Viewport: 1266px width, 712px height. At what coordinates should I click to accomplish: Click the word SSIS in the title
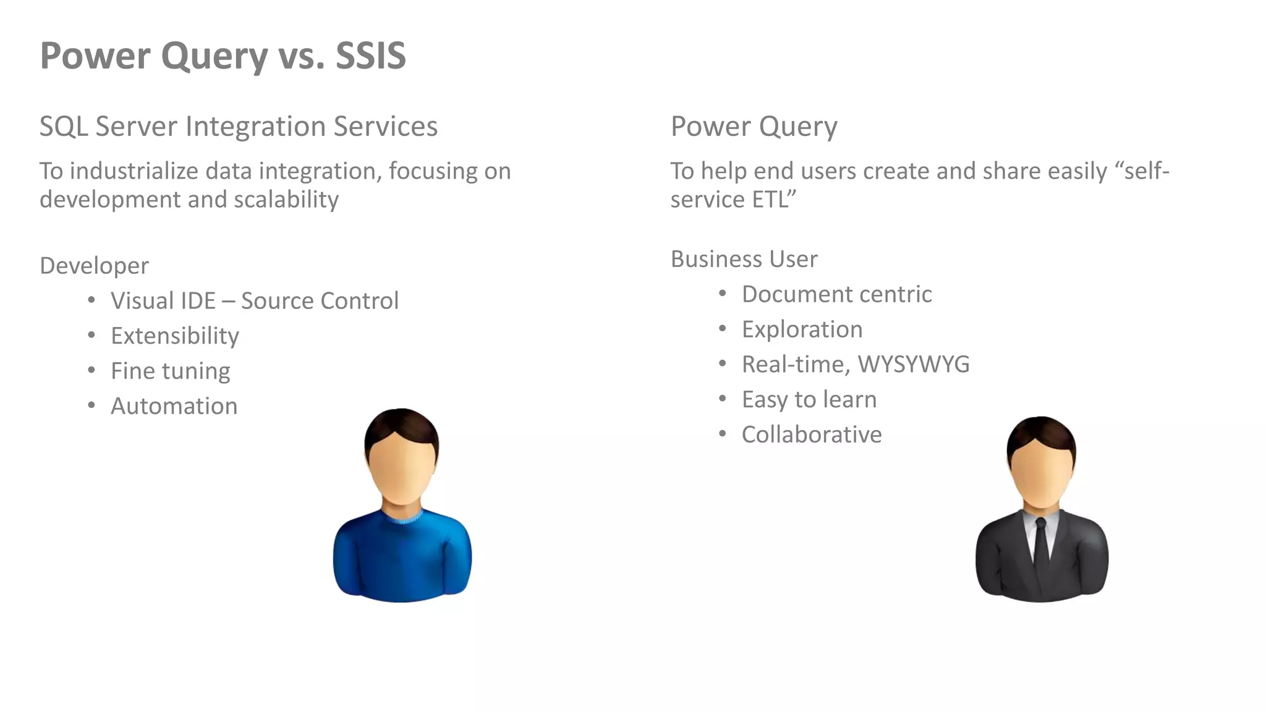click(370, 56)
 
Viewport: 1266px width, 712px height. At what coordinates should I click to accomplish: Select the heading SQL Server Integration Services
click(238, 127)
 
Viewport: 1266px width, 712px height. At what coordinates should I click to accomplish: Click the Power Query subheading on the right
click(754, 127)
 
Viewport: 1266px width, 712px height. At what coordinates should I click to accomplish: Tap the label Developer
click(94, 266)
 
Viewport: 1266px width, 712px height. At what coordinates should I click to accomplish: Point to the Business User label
click(744, 259)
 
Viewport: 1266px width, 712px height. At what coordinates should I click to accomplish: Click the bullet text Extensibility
click(174, 336)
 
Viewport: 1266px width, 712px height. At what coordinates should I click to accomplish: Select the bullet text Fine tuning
click(170, 371)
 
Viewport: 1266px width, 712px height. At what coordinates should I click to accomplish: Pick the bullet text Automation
click(174, 406)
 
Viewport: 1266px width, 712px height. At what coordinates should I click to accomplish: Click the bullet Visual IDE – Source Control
click(254, 301)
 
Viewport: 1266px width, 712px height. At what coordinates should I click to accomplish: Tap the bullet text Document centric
click(836, 294)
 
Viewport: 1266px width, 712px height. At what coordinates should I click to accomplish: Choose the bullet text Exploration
click(802, 329)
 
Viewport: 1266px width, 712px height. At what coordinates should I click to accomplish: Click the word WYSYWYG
click(913, 365)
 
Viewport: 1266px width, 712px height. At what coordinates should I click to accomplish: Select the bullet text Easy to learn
click(809, 400)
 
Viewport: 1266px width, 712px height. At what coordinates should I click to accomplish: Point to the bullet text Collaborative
click(811, 434)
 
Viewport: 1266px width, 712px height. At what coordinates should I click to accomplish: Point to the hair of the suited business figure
click(1041, 433)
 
